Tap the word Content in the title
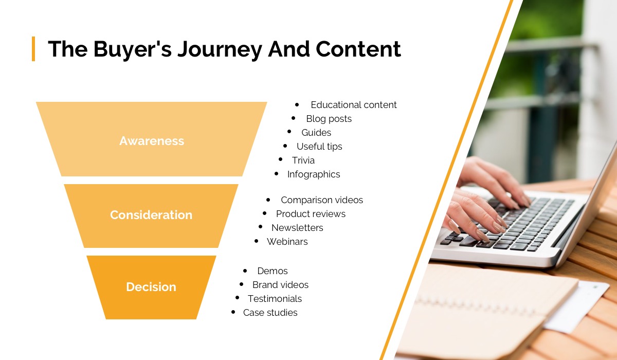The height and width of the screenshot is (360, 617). coord(358,49)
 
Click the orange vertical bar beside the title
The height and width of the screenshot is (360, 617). coord(33,48)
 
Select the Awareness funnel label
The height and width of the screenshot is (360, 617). coord(152,141)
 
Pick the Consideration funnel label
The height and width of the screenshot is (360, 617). coord(151,215)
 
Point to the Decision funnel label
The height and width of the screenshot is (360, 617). coord(151,287)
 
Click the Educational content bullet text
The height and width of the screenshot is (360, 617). coord(353,105)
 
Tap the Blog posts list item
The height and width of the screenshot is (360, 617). coord(329,119)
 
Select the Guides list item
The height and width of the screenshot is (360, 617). coord(316,133)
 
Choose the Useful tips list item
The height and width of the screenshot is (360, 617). coord(319,147)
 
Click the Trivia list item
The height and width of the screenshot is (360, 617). coord(303,160)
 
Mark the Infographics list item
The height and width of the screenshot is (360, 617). coord(314,174)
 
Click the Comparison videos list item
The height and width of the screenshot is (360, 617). coord(322,200)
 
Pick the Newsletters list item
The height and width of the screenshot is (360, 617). coord(297,228)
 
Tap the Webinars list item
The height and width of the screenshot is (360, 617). coord(287,242)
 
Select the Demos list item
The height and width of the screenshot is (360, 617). coord(273,271)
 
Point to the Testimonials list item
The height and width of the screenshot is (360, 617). coord(275,299)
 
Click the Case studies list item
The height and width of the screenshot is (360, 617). coord(270,313)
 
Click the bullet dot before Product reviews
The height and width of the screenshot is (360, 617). coord(265,213)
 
